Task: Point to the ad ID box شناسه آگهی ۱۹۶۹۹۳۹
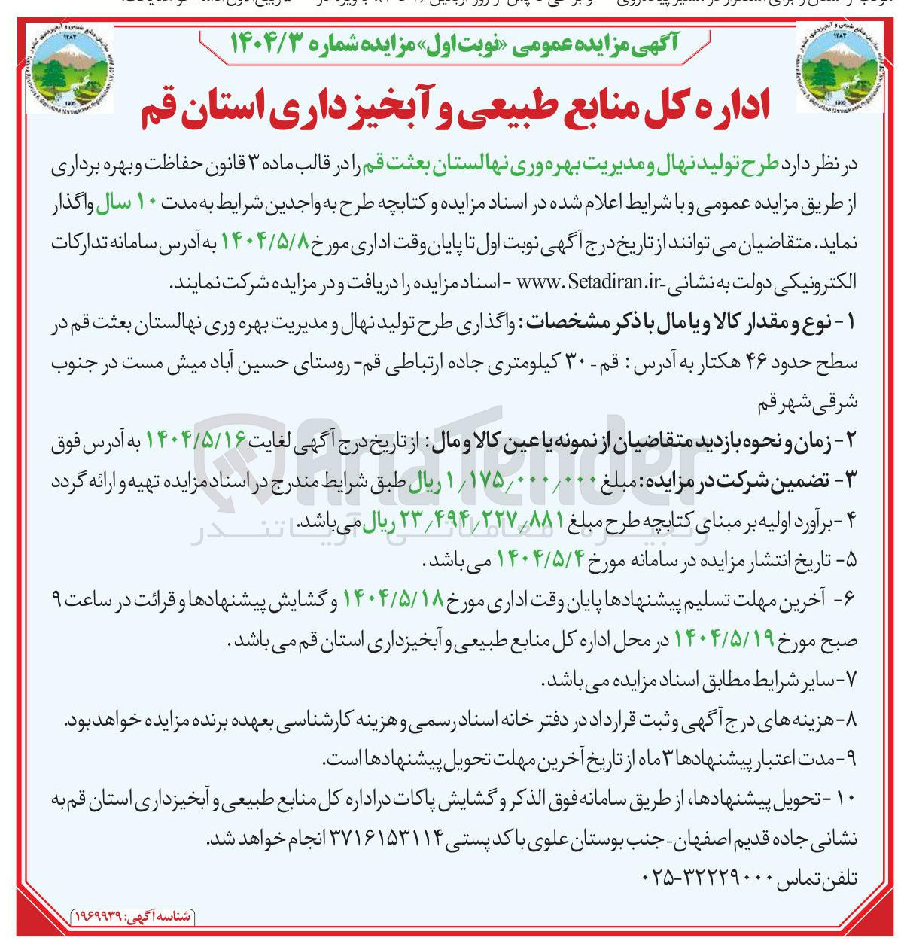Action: point(132,917)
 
